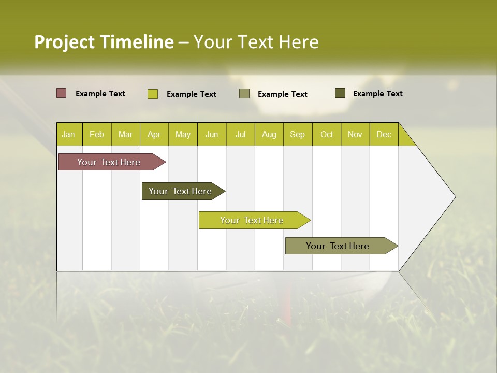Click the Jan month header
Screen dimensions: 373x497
pos(68,134)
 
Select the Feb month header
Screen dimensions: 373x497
pos(97,134)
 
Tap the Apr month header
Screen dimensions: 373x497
pos(154,134)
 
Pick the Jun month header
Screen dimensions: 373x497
pos(212,134)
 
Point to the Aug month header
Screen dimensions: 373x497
pos(269,134)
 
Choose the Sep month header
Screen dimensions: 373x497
pos(297,134)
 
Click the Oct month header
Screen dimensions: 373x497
pos(327,134)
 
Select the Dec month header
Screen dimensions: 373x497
pos(384,134)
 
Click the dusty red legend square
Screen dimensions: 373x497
pos(62,93)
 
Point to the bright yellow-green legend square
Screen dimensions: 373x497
pos(153,94)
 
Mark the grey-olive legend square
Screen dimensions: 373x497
pos(244,94)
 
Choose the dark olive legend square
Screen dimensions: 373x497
pos(340,93)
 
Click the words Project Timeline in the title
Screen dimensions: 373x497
pos(104,42)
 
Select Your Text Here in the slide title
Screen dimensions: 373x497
pos(256,42)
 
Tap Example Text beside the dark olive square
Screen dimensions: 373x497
pos(377,94)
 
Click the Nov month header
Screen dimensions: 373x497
pos(355,134)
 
